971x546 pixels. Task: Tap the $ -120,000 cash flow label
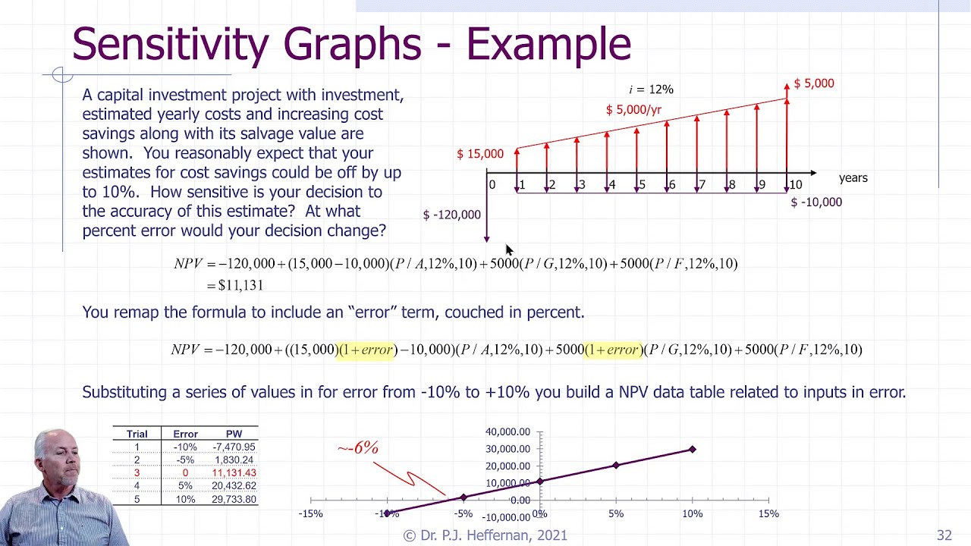pyautogui.click(x=451, y=215)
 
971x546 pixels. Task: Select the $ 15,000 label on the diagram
pyautogui.click(x=479, y=154)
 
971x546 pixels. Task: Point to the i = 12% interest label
pyautogui.click(x=651, y=89)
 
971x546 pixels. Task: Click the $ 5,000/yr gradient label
pyautogui.click(x=633, y=110)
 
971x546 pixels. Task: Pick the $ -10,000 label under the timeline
pyautogui.click(x=816, y=202)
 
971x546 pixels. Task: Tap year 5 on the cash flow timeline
pyautogui.click(x=642, y=185)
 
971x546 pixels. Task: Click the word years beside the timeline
pyautogui.click(x=853, y=178)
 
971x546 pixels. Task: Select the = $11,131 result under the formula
pyautogui.click(x=235, y=285)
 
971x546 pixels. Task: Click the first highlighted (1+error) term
pyautogui.click(x=367, y=350)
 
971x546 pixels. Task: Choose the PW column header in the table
pyautogui.click(x=234, y=434)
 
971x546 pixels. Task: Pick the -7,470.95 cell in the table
pyautogui.click(x=234, y=447)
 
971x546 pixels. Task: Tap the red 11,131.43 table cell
pyautogui.click(x=234, y=473)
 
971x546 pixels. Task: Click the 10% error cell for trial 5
pyautogui.click(x=185, y=499)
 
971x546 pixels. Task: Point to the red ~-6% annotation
pyautogui.click(x=357, y=448)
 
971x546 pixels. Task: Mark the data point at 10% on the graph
pyautogui.click(x=692, y=450)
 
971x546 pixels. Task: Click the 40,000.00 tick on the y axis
pyautogui.click(x=507, y=432)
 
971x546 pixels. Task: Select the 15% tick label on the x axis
pyautogui.click(x=768, y=514)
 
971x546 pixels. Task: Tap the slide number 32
pyautogui.click(x=944, y=535)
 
